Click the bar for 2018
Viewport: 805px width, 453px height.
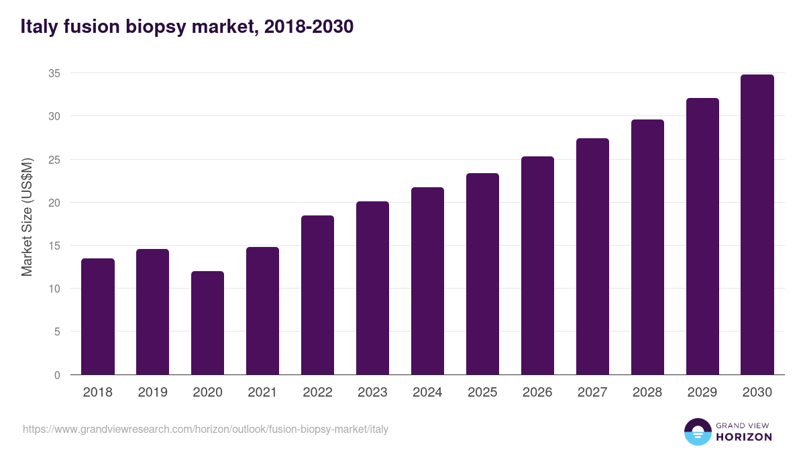tap(98, 317)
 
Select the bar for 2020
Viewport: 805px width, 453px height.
tap(208, 323)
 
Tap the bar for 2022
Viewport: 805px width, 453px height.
tap(318, 295)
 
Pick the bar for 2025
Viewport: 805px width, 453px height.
tap(483, 274)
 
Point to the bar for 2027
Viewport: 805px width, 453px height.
tap(593, 256)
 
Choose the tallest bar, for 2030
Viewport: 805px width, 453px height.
tap(757, 225)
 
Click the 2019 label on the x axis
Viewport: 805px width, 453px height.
tap(153, 393)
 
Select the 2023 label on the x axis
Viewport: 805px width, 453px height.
tap(372, 393)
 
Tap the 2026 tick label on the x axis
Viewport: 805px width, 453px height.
tap(537, 393)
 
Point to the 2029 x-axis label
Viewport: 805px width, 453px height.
tap(702, 393)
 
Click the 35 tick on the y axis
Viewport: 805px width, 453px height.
tap(54, 73)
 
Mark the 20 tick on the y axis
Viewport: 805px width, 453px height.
tap(54, 203)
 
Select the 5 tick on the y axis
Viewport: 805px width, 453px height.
tap(57, 332)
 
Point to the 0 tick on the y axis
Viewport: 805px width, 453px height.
tap(57, 375)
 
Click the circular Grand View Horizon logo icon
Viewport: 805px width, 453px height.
tap(697, 432)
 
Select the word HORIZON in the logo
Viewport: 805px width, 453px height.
tap(743, 437)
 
